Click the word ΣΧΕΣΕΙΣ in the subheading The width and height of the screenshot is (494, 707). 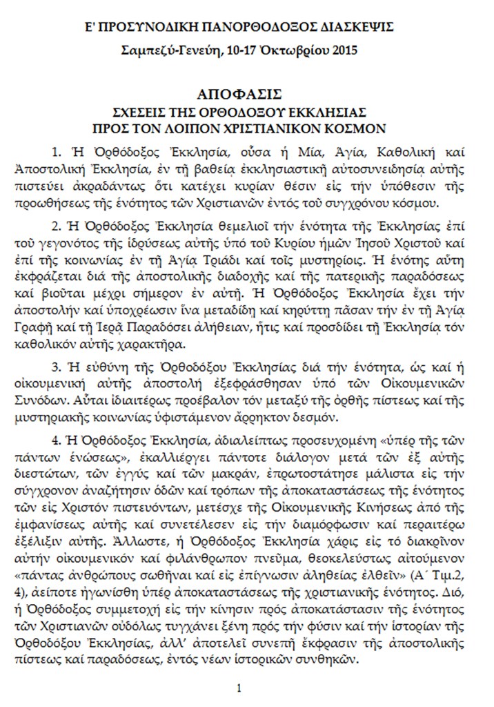(x=139, y=111)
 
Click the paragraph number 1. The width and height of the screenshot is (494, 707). (x=55, y=151)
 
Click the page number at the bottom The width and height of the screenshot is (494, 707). (x=238, y=688)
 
